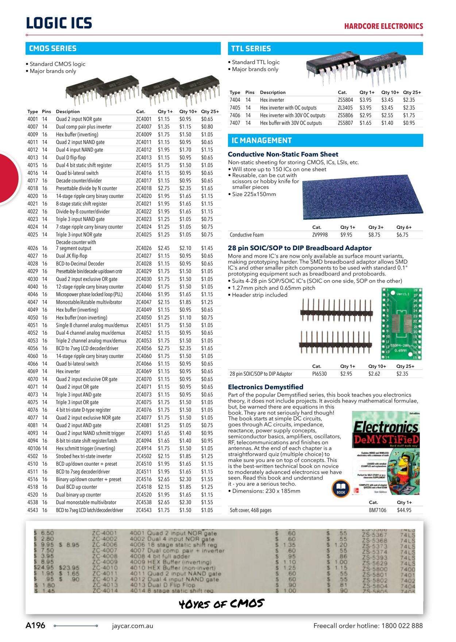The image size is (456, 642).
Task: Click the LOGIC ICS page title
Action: tap(59, 23)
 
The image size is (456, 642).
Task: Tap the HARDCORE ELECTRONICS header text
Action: tap(383, 26)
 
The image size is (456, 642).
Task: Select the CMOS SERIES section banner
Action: tap(123, 48)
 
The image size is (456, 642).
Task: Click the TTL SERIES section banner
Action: tap(326, 48)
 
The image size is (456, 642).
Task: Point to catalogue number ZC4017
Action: tap(144, 181)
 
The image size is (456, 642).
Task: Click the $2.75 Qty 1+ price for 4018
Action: tap(163, 188)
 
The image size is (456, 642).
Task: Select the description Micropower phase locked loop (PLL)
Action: tap(89, 294)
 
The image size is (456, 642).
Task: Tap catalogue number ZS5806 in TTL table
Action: tap(345, 116)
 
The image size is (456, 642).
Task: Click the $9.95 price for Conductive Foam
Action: tap(346, 235)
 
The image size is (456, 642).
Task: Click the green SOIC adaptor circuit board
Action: tap(401, 323)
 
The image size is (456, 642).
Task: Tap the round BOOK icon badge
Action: tap(341, 489)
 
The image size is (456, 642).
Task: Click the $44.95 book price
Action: tap(404, 510)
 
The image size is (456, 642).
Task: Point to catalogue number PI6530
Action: tap(319, 374)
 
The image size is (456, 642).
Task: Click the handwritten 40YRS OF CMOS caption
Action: tap(221, 604)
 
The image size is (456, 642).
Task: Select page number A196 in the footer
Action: tap(35, 626)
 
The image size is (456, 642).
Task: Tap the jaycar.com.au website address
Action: tap(132, 626)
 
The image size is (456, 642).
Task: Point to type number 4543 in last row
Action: tap(32, 510)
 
